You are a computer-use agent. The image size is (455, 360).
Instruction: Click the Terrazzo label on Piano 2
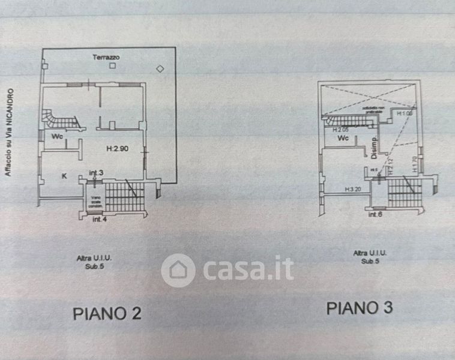(x=106, y=57)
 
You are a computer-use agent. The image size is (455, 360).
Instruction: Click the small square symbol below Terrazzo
(x=112, y=66)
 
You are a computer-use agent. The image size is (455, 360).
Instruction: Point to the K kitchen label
(x=64, y=176)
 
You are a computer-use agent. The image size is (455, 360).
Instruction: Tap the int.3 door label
(x=97, y=173)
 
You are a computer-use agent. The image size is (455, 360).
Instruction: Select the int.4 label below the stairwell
(x=100, y=220)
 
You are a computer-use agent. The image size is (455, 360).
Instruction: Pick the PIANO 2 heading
(x=107, y=313)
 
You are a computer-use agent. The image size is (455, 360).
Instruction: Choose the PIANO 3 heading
(x=360, y=308)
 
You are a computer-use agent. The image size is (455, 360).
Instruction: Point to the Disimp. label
(x=373, y=147)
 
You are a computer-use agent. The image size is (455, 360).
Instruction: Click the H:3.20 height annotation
(x=352, y=189)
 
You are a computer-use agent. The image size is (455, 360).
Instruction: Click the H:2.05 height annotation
(x=340, y=129)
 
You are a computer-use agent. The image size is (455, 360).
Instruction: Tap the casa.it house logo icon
(x=178, y=270)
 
